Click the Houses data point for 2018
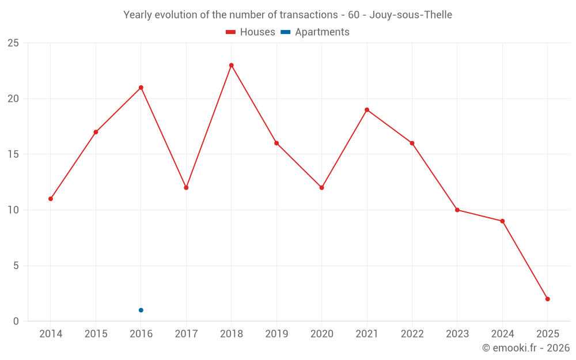click(232, 65)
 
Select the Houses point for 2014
click(51, 199)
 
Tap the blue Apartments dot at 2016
click(141, 310)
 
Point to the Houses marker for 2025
click(548, 299)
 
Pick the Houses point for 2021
click(367, 109)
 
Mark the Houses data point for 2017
click(186, 187)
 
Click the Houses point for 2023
click(457, 210)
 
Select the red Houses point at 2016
click(141, 88)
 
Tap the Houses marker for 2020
click(322, 187)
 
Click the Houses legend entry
click(251, 32)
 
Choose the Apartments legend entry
click(315, 32)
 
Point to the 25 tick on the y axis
click(13, 43)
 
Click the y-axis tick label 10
click(13, 210)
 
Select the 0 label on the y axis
click(16, 321)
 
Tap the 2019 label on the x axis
click(276, 334)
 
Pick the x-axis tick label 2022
click(412, 334)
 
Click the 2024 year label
click(502, 334)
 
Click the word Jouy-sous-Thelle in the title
click(410, 15)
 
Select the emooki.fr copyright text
click(526, 348)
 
